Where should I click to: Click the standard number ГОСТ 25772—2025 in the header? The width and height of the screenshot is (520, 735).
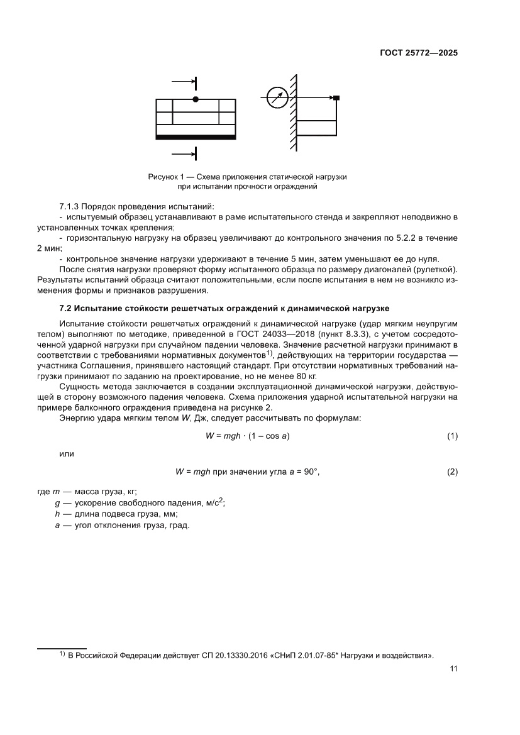click(419, 53)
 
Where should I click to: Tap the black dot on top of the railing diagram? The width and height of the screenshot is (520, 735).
click(196, 99)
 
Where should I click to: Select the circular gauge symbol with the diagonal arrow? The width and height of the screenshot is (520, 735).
click(277, 97)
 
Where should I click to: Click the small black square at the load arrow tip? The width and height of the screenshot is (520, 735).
click(336, 97)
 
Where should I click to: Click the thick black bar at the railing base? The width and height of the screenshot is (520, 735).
click(196, 136)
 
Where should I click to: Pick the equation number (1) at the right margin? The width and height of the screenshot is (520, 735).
click(451, 436)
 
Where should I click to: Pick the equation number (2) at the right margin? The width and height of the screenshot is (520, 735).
click(451, 472)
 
